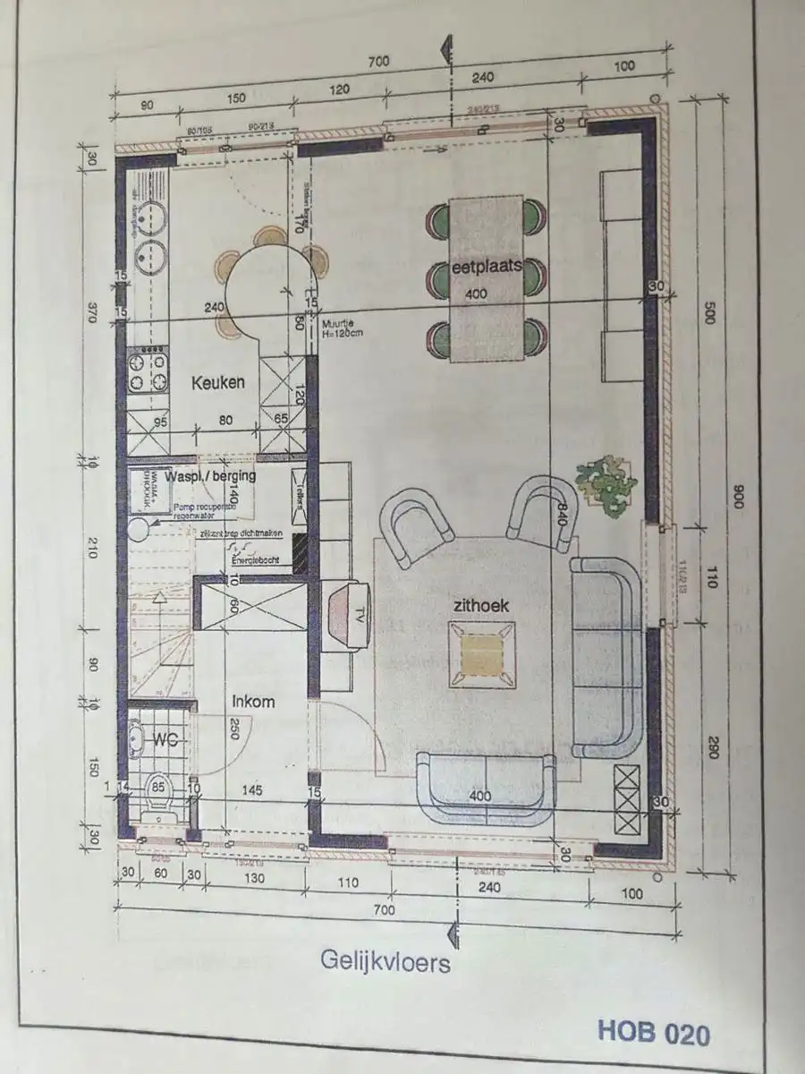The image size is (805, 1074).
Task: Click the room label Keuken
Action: click(217, 382)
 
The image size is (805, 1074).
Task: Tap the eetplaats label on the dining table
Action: click(487, 266)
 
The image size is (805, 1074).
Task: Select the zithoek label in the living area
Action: click(481, 606)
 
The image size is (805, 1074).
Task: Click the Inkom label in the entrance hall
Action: click(254, 702)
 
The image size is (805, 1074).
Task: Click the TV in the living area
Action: click(350, 613)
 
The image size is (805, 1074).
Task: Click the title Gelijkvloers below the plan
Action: click(386, 962)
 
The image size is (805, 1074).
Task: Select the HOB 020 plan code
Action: click(654, 1034)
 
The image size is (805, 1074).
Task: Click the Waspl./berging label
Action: click(217, 476)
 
